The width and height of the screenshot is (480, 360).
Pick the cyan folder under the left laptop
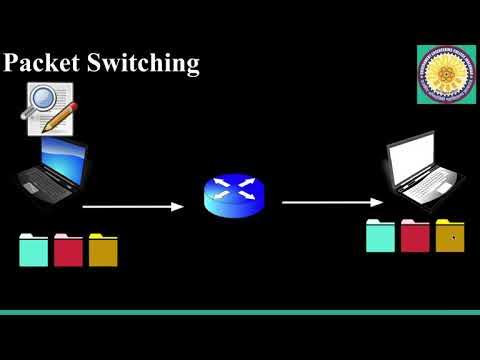point(33,250)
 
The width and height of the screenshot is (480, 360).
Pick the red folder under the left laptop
point(68,250)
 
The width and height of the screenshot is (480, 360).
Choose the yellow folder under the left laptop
point(103,250)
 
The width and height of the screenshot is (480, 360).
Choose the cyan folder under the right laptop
point(380,236)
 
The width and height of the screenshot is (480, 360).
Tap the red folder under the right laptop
point(415,236)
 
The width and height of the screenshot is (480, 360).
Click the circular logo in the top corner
point(446,75)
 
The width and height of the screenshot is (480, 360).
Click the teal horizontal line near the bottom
point(240,312)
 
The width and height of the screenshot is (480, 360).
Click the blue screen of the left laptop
point(63,159)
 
